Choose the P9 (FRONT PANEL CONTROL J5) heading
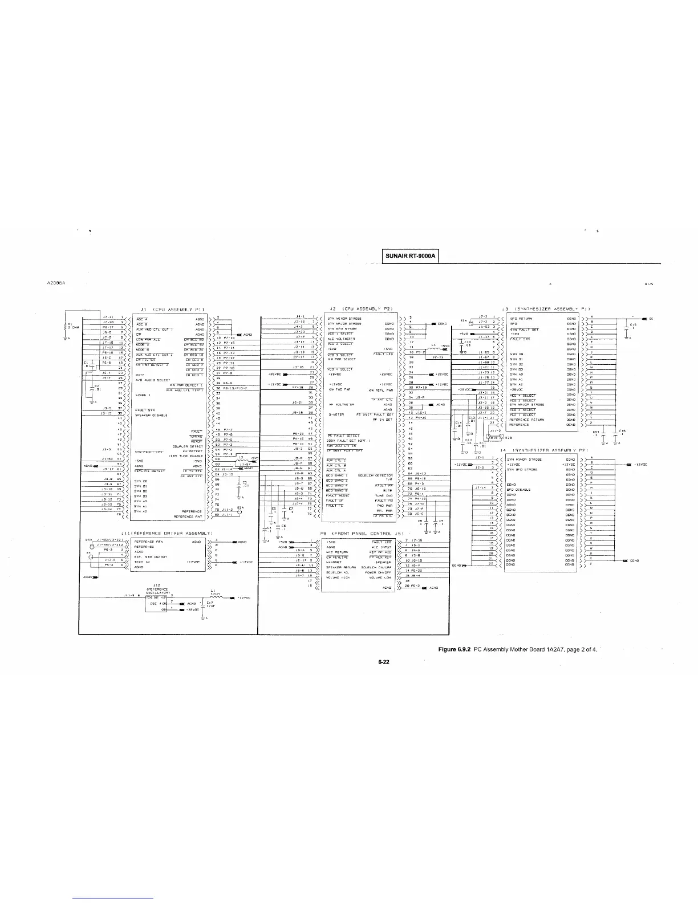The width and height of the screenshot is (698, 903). pos(362,533)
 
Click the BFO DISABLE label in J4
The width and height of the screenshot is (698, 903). pos(519,489)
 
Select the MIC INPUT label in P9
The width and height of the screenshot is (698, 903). pos(382,546)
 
